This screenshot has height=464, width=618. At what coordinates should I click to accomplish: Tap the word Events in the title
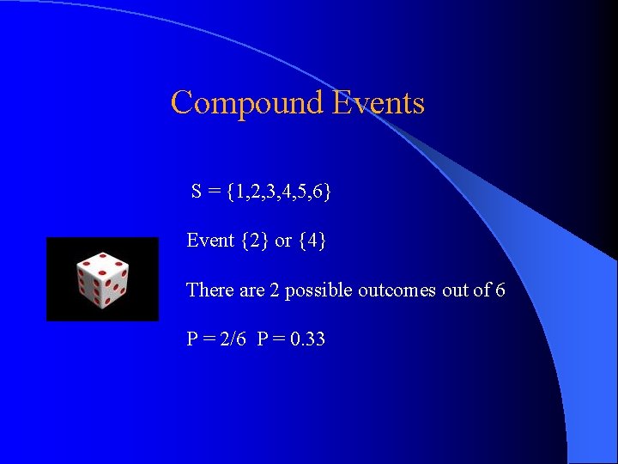(378, 103)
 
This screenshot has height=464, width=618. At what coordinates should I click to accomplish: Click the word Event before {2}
(210, 241)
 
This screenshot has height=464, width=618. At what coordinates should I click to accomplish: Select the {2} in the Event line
(255, 241)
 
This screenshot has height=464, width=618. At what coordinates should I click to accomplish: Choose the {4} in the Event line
(312, 241)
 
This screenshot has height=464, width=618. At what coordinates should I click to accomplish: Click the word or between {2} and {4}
(283, 241)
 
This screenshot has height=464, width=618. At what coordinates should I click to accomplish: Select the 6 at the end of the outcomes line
(500, 290)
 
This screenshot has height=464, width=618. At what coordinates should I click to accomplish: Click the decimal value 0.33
(307, 339)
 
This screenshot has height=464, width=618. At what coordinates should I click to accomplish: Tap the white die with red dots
(102, 279)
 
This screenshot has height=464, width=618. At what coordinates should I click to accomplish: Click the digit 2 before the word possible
(275, 290)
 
